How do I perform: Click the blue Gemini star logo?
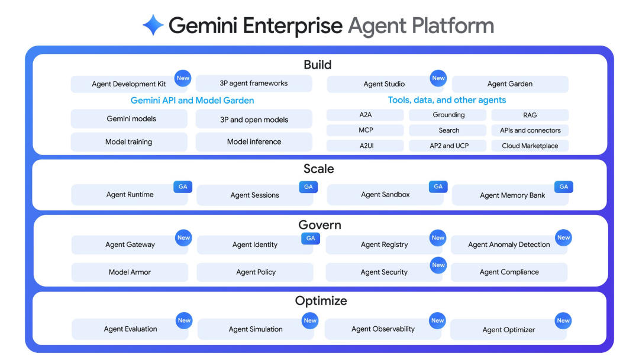coord(153,25)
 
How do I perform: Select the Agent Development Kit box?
coord(128,84)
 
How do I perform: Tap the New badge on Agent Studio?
coord(438,78)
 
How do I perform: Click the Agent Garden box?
coord(509,84)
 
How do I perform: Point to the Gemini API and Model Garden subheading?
coord(192,101)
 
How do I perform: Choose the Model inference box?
coord(254,142)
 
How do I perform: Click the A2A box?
coord(365,115)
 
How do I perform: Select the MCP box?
coord(365,130)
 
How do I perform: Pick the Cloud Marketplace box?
coord(530,146)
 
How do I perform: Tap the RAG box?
coord(530,115)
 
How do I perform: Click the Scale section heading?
coord(319,169)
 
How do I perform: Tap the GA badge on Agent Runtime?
coord(183,187)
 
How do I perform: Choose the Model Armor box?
coord(130,272)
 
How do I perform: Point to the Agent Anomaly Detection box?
coord(509,245)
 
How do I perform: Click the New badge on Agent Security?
coord(438,265)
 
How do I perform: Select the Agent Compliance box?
coord(509,272)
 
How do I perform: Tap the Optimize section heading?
coord(321,301)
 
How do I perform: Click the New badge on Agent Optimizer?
coord(563,321)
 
